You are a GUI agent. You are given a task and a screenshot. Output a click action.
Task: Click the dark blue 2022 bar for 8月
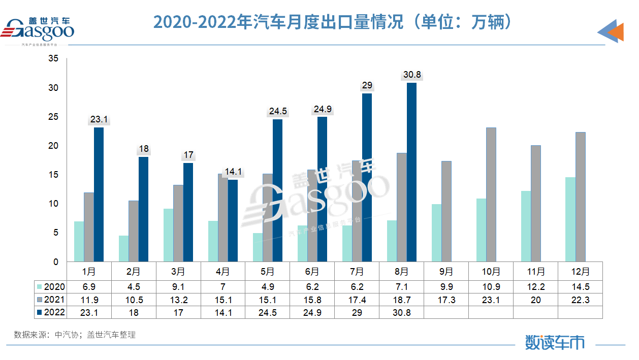(411, 173)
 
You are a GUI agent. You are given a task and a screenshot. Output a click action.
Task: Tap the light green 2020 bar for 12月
(570, 219)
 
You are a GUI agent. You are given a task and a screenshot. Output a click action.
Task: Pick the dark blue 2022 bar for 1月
(99, 194)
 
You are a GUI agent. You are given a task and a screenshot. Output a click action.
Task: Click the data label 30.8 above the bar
(411, 75)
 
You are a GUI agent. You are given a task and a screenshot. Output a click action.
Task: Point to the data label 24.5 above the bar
(277, 111)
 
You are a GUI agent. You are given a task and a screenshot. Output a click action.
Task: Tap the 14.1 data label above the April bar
(233, 172)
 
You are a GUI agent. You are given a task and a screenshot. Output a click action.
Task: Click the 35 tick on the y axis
(53, 59)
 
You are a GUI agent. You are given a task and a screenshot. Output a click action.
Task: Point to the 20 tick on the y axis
(53, 146)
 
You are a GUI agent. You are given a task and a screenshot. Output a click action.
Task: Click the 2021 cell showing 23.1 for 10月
(491, 299)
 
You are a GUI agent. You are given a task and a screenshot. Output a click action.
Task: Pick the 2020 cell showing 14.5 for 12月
(580, 286)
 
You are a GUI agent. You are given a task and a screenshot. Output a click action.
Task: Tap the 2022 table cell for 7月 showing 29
(357, 312)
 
